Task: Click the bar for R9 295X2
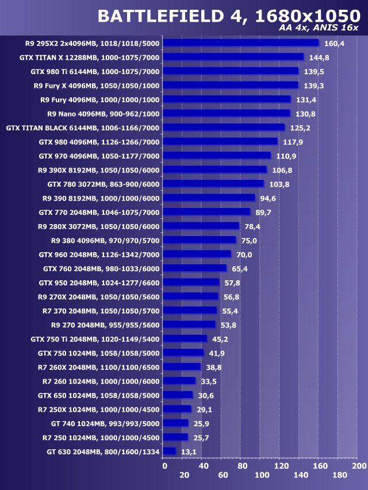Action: (x=240, y=43)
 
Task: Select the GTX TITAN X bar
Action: (x=233, y=57)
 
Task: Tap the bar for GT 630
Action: (x=169, y=452)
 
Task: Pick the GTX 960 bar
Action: (x=197, y=254)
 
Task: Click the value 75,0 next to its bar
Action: (x=249, y=240)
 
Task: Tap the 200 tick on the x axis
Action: (x=359, y=466)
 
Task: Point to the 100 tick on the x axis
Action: (x=262, y=475)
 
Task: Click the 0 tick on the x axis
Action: (x=164, y=466)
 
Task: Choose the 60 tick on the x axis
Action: (x=223, y=475)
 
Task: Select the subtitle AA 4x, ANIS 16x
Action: (x=319, y=29)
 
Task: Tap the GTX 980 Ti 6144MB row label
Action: (x=95, y=71)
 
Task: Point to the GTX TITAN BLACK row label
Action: (x=82, y=128)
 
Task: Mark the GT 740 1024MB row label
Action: (x=105, y=423)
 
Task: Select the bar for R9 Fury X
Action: (x=231, y=86)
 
